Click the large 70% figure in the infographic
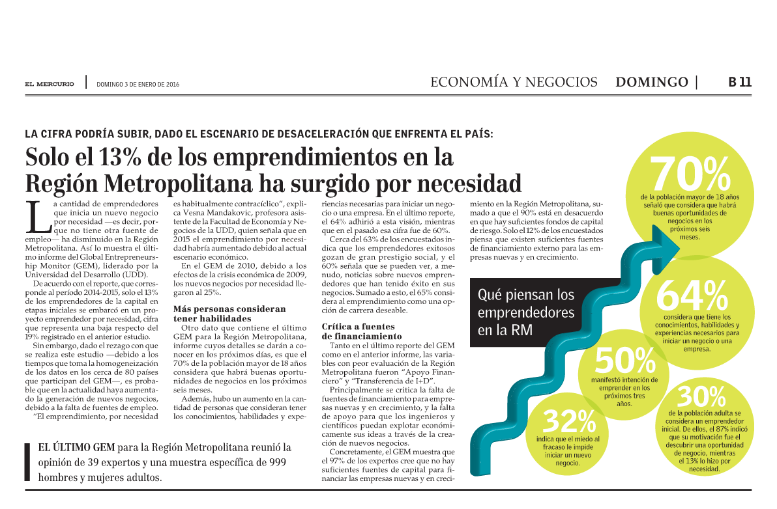pos(690,173)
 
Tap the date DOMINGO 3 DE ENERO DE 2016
pos(138,84)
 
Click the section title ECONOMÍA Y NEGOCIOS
pos(514,82)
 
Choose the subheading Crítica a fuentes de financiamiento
pos(359,331)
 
